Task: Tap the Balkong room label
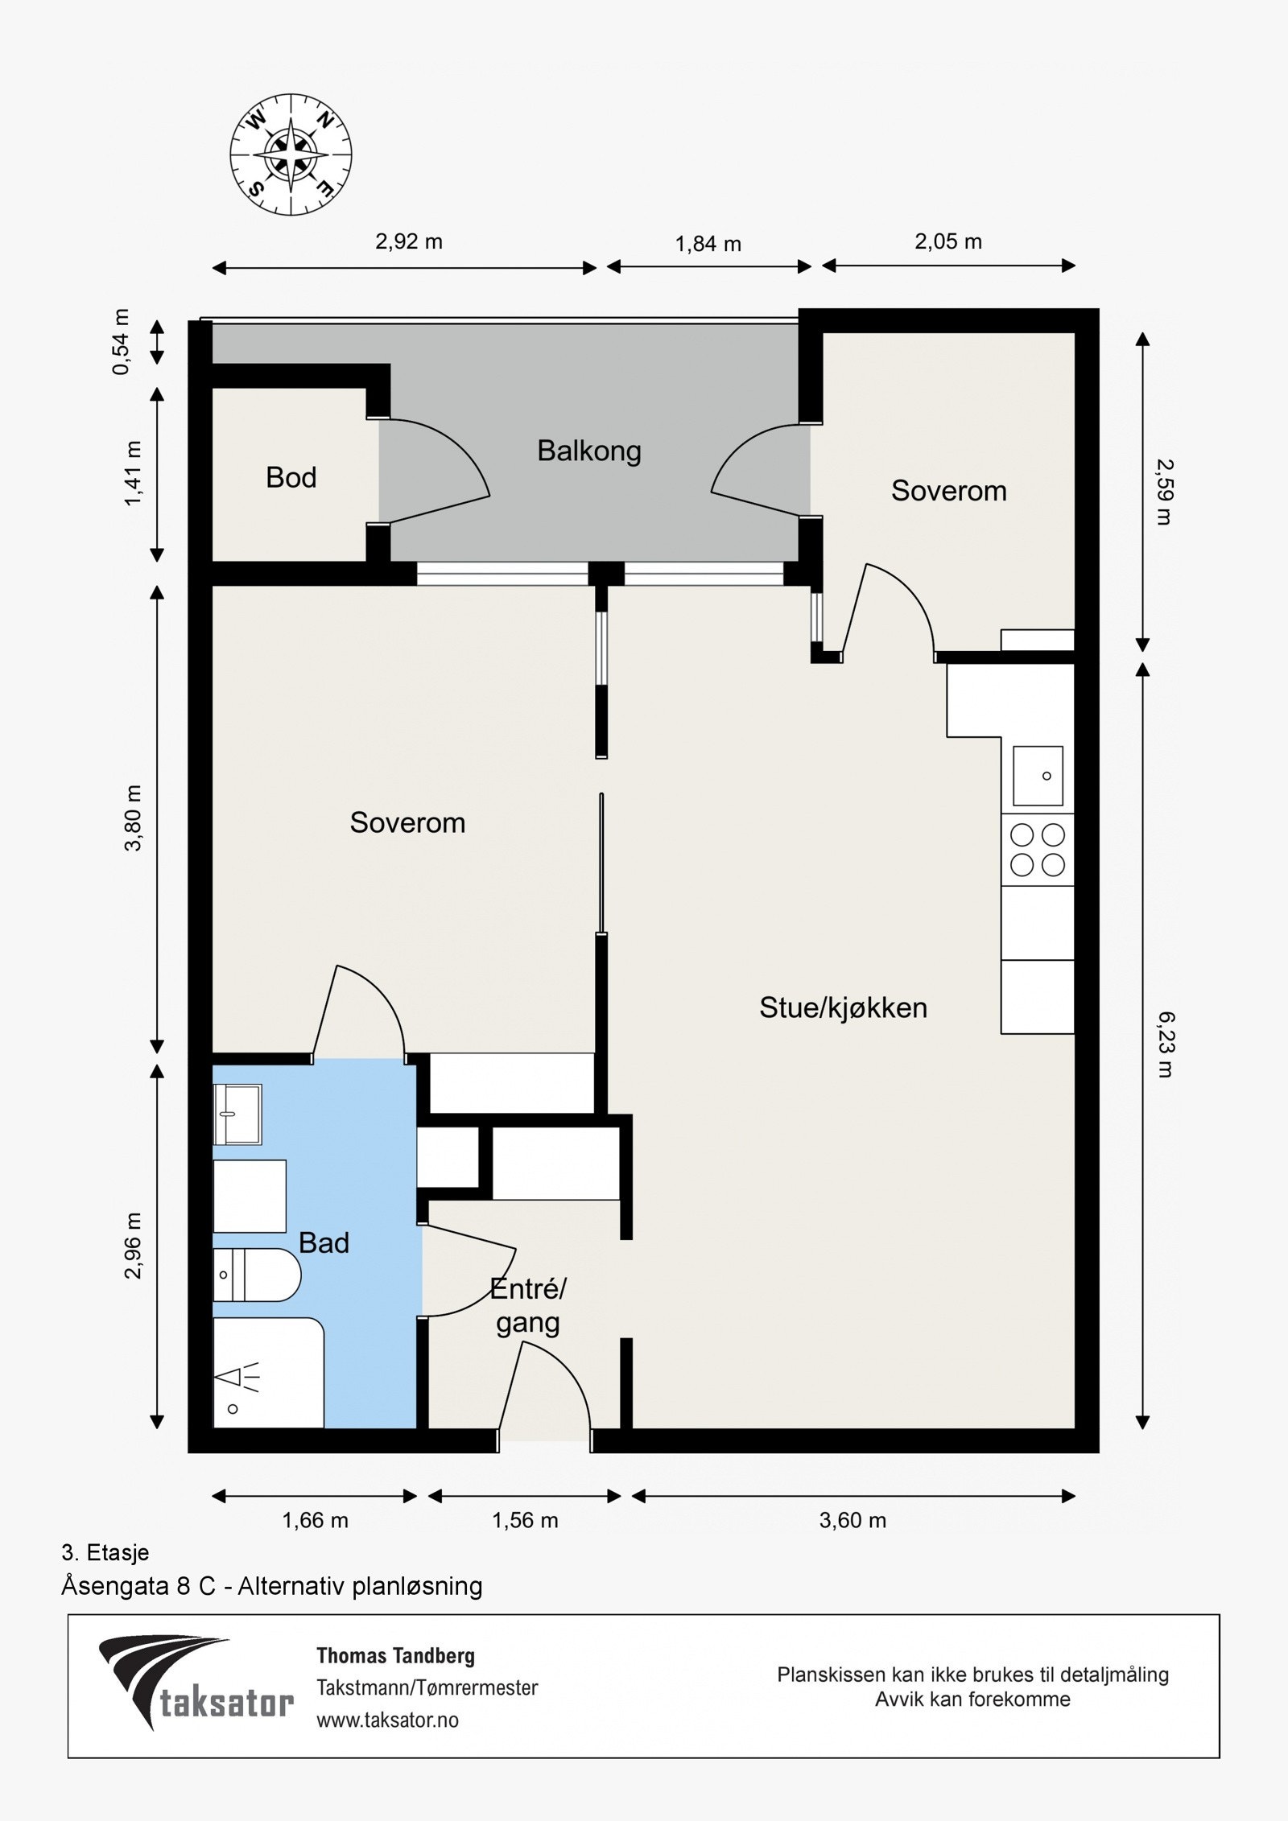click(x=589, y=451)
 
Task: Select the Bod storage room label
click(x=291, y=478)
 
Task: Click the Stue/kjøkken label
click(x=843, y=1007)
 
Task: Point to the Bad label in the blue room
click(x=324, y=1242)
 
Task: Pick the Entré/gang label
click(x=528, y=1306)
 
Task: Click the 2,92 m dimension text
click(x=409, y=241)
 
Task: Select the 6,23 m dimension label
click(x=1164, y=1044)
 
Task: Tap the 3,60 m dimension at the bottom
click(x=852, y=1520)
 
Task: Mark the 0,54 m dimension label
click(x=121, y=341)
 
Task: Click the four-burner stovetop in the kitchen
click(x=1038, y=850)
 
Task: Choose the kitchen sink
click(x=1038, y=776)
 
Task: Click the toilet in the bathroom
click(x=257, y=1275)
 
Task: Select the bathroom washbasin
click(x=237, y=1114)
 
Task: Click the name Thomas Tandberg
click(x=395, y=1655)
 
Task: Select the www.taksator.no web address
click(x=387, y=1720)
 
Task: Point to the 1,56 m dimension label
click(x=525, y=1520)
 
